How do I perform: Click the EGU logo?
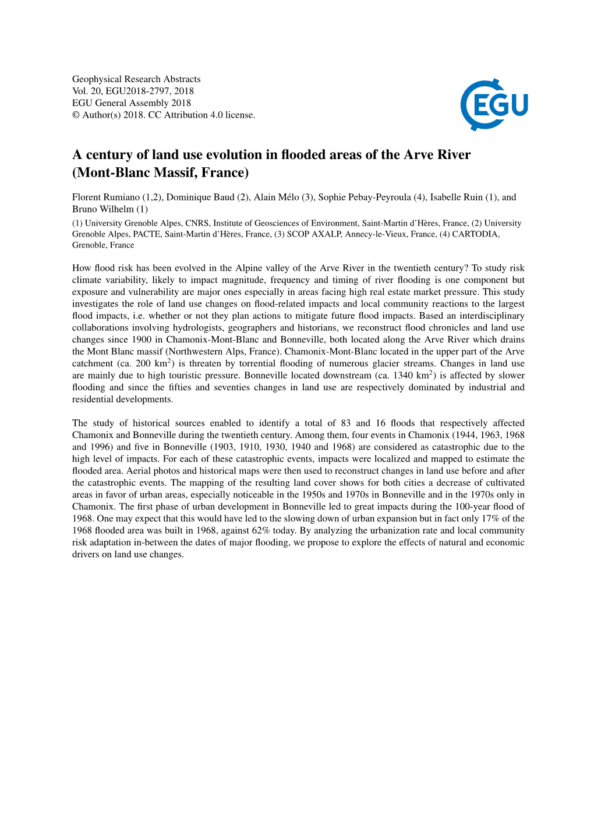coord(494,105)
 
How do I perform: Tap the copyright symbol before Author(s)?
coord(76,115)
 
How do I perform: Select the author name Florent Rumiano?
coord(105,197)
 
